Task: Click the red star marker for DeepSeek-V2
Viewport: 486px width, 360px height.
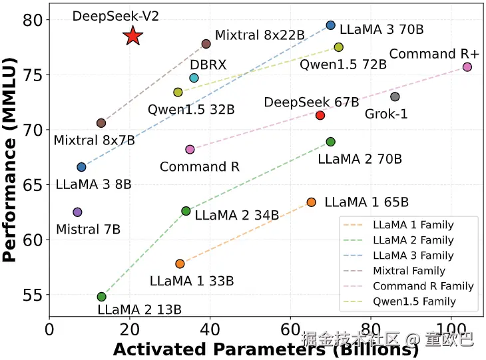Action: click(133, 37)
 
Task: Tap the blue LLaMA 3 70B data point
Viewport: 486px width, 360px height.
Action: click(331, 25)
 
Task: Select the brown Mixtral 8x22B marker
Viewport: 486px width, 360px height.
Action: click(206, 44)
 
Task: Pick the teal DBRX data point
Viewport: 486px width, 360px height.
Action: click(194, 78)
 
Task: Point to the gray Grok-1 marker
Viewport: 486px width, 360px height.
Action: click(395, 96)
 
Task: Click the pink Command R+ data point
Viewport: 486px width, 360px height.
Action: click(467, 67)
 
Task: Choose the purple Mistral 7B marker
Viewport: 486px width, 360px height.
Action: click(77, 212)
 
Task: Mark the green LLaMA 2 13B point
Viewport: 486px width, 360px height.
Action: click(101, 297)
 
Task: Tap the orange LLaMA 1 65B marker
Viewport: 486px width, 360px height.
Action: click(311, 202)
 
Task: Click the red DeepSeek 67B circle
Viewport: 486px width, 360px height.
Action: click(320, 115)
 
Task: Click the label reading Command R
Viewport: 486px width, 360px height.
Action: click(200, 166)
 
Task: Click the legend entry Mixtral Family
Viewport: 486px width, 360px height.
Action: click(409, 271)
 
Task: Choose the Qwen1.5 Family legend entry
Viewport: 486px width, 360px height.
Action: click(413, 301)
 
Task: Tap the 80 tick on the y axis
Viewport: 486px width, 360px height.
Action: click(33, 20)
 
